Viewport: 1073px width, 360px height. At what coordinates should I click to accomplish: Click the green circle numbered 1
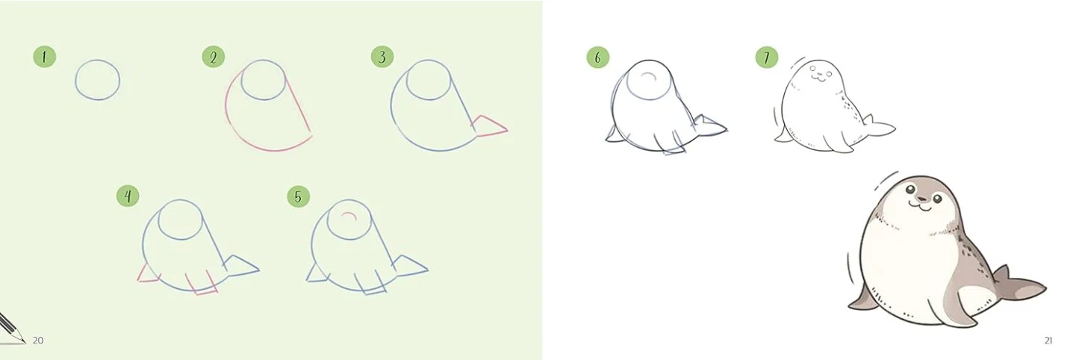[x=45, y=58]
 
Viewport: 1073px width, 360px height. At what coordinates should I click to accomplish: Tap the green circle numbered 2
[x=214, y=58]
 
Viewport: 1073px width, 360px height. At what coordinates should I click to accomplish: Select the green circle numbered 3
[x=382, y=58]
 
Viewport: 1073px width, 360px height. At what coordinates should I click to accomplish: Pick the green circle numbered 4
[x=128, y=196]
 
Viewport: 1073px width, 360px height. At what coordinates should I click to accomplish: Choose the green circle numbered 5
[x=299, y=196]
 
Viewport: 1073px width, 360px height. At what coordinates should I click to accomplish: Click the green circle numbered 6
[x=598, y=58]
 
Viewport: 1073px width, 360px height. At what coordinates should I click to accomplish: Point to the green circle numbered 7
[x=767, y=58]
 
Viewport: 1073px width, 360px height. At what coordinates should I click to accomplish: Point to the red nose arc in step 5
[x=349, y=214]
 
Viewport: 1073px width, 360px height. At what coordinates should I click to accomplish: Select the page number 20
[x=38, y=341]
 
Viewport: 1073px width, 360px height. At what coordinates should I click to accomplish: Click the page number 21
[x=1048, y=341]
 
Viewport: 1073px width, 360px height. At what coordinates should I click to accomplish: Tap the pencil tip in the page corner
[x=25, y=342]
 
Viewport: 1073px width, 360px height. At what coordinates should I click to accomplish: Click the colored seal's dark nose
[x=921, y=198]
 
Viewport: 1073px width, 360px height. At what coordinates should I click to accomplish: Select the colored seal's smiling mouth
[x=921, y=206]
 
